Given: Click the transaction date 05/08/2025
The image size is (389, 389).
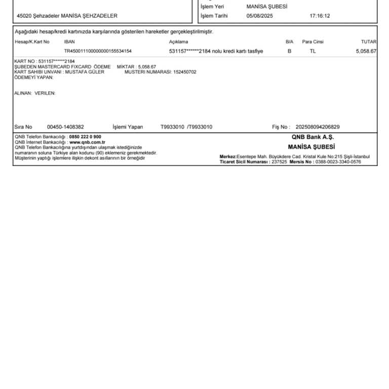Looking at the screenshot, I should (x=259, y=16).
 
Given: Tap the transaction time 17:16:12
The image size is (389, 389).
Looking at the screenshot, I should (x=320, y=16).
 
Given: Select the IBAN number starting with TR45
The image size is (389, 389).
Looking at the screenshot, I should (x=98, y=51).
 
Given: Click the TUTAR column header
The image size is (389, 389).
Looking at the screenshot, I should (x=368, y=42).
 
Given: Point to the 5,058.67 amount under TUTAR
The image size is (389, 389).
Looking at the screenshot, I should (x=366, y=51).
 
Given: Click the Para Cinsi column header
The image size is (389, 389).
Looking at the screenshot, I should (x=313, y=42).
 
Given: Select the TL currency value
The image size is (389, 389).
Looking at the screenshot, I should (x=313, y=51).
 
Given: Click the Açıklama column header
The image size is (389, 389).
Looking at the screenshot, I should (x=178, y=42).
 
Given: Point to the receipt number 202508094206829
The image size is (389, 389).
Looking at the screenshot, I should (x=318, y=127).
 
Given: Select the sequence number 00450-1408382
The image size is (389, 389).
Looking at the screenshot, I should (x=65, y=127).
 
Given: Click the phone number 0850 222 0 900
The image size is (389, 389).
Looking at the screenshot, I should (x=85, y=137).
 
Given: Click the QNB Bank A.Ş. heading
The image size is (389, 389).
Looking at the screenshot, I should (x=313, y=137).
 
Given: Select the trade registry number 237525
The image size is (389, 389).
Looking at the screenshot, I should (x=279, y=162).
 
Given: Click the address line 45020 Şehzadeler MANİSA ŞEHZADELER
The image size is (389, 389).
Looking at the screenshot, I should (x=67, y=16).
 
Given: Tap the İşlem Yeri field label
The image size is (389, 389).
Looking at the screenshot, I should (x=212, y=7).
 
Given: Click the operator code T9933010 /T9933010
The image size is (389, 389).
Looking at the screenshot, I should (x=186, y=127).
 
